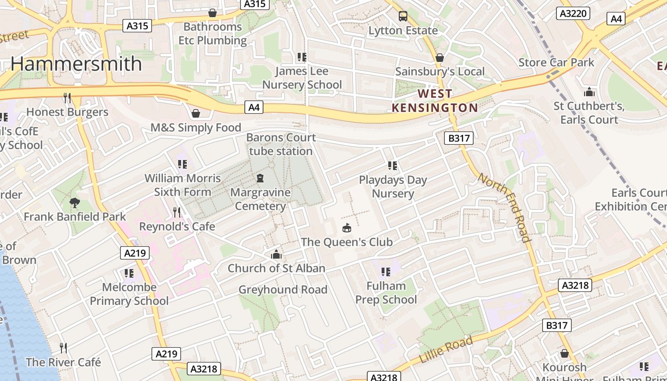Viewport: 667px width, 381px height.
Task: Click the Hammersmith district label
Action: click(76, 64)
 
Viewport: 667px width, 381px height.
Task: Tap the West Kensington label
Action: click(435, 100)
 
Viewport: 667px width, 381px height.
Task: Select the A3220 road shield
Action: click(573, 13)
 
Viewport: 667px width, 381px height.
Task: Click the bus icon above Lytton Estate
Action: click(403, 16)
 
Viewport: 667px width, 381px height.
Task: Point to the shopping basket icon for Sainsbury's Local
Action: click(440, 58)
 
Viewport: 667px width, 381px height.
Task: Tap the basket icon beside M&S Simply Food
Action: click(195, 113)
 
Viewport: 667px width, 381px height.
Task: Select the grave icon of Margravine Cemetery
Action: click(260, 178)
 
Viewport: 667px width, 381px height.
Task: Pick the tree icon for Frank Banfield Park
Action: click(75, 203)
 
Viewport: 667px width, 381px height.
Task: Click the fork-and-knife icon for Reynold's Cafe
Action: click(177, 212)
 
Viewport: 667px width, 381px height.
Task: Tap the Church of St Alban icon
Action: click(276, 254)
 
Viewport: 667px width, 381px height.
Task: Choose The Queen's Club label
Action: click(347, 242)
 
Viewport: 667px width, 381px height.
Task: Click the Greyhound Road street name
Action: click(283, 290)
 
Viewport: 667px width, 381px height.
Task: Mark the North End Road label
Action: click(505, 208)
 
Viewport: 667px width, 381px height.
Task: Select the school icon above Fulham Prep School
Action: click(386, 272)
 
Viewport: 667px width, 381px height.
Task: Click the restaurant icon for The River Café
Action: click(63, 348)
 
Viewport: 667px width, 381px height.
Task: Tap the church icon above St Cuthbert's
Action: click(589, 92)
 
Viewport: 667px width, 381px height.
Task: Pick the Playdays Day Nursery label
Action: click(393, 187)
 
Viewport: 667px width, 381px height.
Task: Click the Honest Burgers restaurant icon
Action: click(67, 98)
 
